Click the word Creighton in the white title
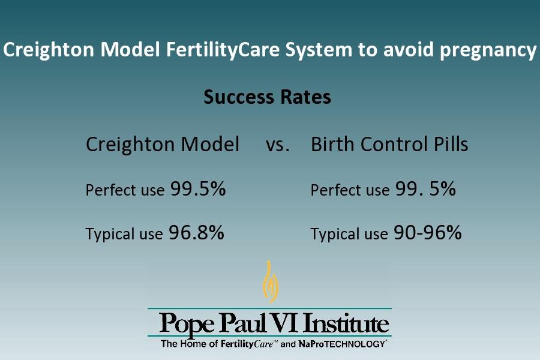click(x=49, y=50)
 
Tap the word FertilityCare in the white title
click(x=223, y=49)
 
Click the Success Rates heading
click(x=267, y=97)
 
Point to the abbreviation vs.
click(x=278, y=145)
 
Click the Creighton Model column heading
click(x=163, y=144)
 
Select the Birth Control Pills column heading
click(x=389, y=144)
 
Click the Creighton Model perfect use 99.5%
click(x=198, y=189)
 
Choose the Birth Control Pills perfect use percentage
click(x=425, y=189)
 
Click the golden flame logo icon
click(x=271, y=281)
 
